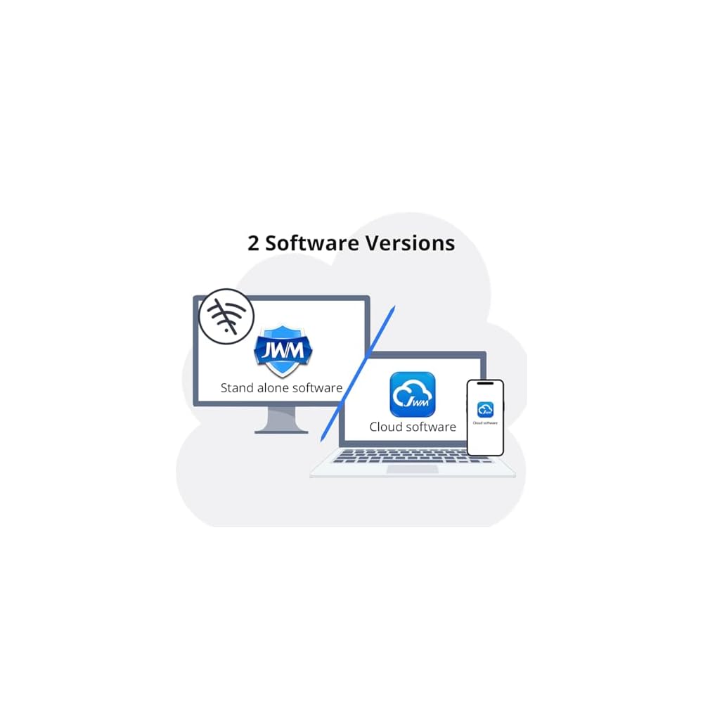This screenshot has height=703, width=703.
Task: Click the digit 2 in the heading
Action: (254, 243)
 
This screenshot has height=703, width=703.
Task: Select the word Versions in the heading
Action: (411, 243)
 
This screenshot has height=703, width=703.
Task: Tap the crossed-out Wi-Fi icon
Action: (226, 316)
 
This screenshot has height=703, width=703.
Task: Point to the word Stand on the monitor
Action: (237, 387)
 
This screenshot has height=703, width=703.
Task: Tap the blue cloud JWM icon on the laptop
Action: (413, 394)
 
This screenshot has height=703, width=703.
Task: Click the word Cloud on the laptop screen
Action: (386, 427)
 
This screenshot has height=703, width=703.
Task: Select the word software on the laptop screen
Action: (431, 427)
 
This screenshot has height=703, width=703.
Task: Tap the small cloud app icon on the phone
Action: (485, 409)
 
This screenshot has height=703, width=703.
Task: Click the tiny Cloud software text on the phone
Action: (485, 423)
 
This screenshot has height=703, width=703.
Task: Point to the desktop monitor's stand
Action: (281, 420)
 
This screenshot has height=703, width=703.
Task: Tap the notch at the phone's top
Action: (485, 384)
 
